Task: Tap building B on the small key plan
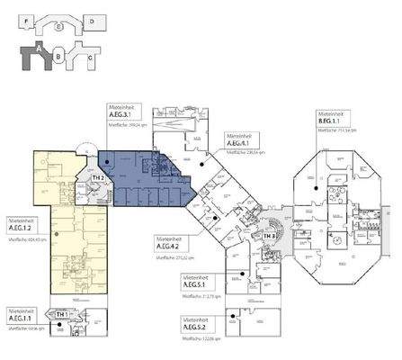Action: coord(58,57)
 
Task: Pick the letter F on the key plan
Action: coord(29,19)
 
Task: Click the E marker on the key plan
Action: coord(58,27)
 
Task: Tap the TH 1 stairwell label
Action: coord(60,314)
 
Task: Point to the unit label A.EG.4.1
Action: coord(238,143)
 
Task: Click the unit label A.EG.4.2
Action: coord(171,247)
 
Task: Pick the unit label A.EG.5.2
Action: coord(197,328)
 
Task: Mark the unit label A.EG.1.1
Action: coord(21,319)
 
